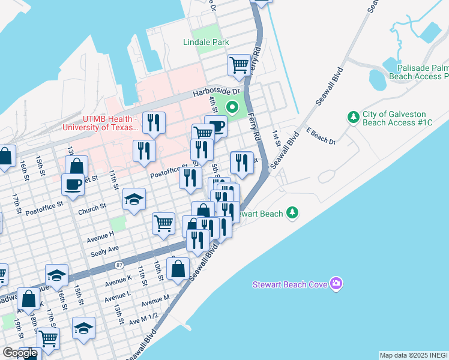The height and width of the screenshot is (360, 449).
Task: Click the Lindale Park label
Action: coord(206,42)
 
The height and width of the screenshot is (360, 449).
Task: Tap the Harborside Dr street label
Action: coord(215,93)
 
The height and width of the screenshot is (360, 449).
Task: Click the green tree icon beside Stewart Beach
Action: coord(292,212)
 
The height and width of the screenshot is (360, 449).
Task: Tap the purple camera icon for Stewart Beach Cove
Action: coord(336,283)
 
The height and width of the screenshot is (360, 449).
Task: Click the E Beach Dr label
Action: coord(319,135)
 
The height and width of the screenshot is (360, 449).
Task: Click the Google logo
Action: coord(20,353)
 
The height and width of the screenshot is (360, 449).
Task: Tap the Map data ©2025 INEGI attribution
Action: coord(414,355)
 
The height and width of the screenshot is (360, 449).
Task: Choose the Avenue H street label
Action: coord(100,233)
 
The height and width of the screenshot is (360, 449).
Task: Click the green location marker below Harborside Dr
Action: coord(231,108)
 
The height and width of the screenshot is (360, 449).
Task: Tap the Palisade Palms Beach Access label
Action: coord(418,72)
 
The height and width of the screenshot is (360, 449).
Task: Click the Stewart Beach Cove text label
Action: coord(289,284)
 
